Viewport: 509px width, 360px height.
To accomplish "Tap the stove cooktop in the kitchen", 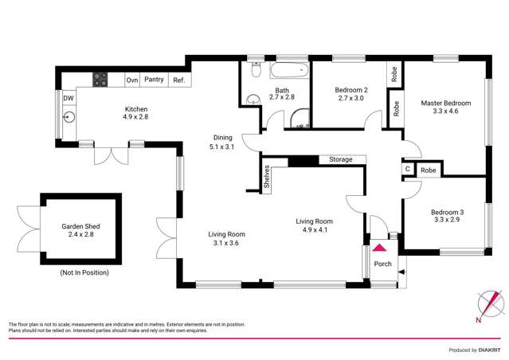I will (101, 79).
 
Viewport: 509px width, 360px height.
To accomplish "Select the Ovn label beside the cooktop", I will (131, 80).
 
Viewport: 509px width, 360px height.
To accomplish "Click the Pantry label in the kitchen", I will (155, 80).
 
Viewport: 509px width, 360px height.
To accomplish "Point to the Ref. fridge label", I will (179, 80).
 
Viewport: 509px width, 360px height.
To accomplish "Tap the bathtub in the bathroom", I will (288, 71).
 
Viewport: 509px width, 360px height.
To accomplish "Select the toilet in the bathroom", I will (254, 71).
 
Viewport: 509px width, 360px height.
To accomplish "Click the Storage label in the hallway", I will (341, 160).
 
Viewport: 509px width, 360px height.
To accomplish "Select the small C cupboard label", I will (408, 170).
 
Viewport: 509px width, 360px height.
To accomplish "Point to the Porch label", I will (382, 264).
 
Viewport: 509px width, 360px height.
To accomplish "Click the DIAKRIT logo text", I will (494, 350).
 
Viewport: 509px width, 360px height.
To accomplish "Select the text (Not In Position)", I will (84, 272).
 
